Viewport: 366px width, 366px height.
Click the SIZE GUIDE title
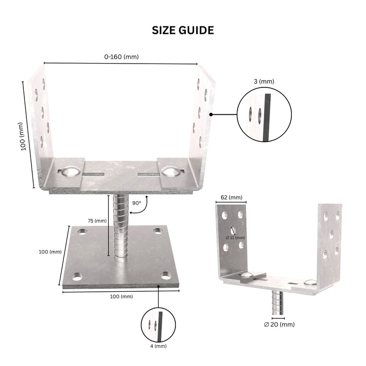tap(183, 30)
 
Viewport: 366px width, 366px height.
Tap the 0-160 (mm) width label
tap(121, 57)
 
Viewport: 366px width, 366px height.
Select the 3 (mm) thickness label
tap(263, 81)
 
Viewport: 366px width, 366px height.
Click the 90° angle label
tap(136, 202)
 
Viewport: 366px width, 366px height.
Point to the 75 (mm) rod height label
tap(97, 221)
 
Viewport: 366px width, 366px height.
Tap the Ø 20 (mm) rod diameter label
tap(279, 324)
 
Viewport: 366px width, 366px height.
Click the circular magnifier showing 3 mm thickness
tap(264, 113)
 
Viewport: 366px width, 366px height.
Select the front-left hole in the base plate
tap(77, 277)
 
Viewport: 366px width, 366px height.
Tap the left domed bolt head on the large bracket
tap(70, 172)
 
